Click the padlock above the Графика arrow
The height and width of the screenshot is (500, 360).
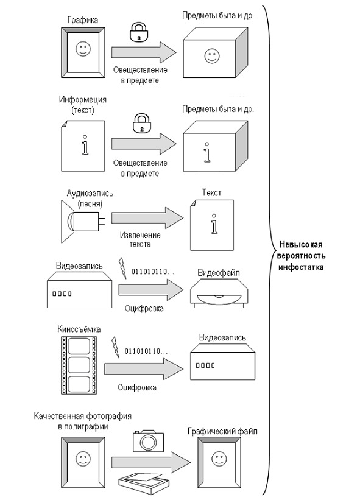(139, 32)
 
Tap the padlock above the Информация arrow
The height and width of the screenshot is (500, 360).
(142, 123)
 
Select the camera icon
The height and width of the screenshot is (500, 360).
(148, 441)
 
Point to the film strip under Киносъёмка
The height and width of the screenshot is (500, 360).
(79, 365)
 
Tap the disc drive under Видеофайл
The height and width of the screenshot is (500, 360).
(219, 293)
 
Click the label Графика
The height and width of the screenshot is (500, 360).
(83, 21)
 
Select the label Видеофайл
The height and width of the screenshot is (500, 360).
(219, 273)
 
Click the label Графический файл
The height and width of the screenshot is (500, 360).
(222, 431)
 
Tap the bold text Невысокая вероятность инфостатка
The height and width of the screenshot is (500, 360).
(301, 256)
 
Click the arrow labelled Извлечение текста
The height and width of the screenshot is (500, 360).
(147, 218)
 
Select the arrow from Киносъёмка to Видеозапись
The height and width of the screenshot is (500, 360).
(144, 369)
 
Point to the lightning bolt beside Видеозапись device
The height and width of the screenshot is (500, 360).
(122, 268)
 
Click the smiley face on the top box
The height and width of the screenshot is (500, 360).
(212, 56)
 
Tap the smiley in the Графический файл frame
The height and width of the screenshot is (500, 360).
(219, 459)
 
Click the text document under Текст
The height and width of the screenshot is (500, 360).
(212, 225)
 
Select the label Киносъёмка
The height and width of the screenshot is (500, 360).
(79, 329)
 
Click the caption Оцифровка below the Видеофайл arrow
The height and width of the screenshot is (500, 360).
(144, 308)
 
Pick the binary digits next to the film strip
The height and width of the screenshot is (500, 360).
(146, 351)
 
